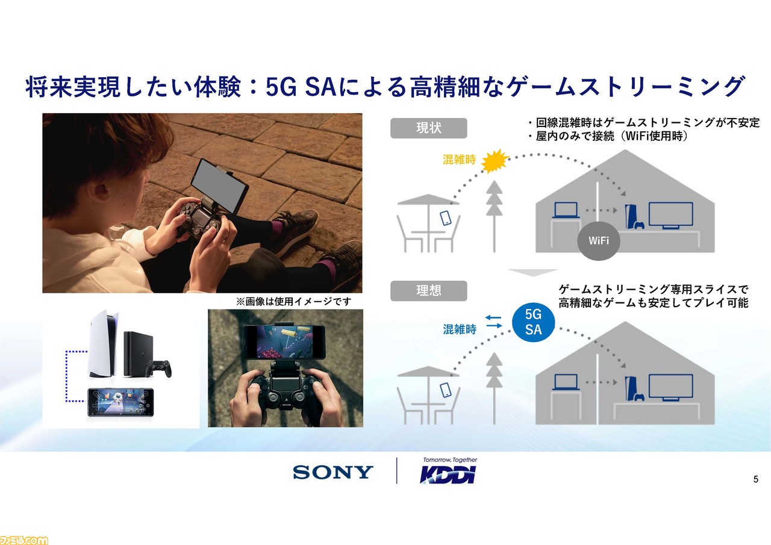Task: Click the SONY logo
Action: pos(333,472)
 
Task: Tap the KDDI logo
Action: pos(448,475)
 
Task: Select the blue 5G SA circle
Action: pos(533,322)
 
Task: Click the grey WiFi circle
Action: pos(599,240)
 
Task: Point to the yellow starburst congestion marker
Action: pos(495,161)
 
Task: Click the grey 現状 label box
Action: pos(428,128)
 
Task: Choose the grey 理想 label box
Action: pos(428,291)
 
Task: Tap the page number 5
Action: pos(755,479)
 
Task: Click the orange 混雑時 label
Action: pos(459,160)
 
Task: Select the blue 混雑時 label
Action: pos(459,329)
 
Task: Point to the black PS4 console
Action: pos(138,354)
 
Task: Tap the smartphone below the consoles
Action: pos(120,402)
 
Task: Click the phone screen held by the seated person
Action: pos(219,186)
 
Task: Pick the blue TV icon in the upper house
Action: pos(670,216)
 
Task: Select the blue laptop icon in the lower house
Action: pos(566,382)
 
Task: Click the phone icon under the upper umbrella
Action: pos(446,218)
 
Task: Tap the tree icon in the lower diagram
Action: pos(495,388)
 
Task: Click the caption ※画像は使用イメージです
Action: pos(293,302)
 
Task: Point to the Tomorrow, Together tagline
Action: pos(450,460)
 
